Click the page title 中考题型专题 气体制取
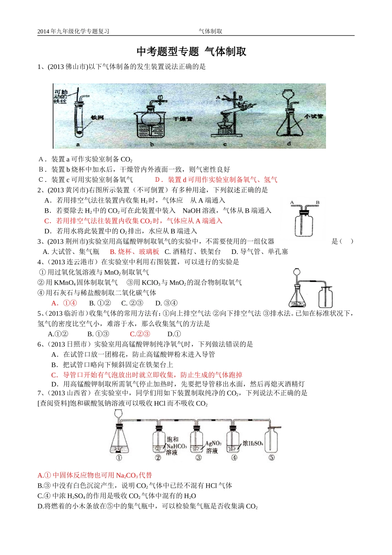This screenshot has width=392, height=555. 191,52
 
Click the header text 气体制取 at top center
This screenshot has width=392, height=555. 210,31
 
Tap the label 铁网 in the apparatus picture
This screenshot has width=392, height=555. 97,118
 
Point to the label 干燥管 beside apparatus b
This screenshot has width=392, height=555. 183,119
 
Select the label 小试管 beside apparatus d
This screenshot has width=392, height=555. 314,117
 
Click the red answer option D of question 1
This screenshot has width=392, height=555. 216,180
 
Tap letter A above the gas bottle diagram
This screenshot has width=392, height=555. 292,202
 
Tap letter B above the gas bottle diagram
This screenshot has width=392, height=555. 318,202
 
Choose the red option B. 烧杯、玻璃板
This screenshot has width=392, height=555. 134,251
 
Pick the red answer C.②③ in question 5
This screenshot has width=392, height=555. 140,334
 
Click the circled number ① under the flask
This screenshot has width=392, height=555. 119,458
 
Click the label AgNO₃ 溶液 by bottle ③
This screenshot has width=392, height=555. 213,447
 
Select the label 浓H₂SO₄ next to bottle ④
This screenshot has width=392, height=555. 253,444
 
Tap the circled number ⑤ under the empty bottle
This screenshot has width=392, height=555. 272,458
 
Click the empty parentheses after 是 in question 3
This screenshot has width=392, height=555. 346,241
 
